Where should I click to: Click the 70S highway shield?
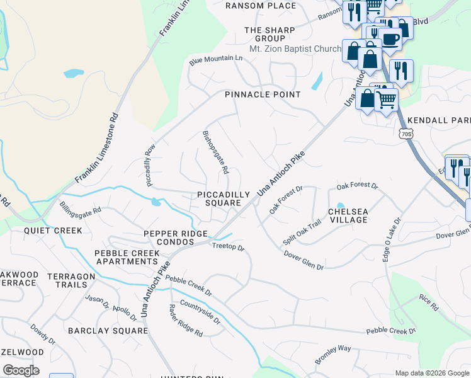point(406,133)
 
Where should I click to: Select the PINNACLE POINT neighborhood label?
point(263,94)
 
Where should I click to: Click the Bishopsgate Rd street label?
point(215,152)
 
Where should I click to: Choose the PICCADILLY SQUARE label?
point(218,198)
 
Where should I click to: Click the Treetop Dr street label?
point(227,248)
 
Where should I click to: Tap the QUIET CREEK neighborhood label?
point(53,231)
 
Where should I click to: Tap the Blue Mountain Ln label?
point(216,59)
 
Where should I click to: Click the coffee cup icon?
point(391,38)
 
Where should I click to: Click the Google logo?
point(21,370)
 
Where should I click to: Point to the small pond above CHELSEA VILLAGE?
point(341,205)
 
